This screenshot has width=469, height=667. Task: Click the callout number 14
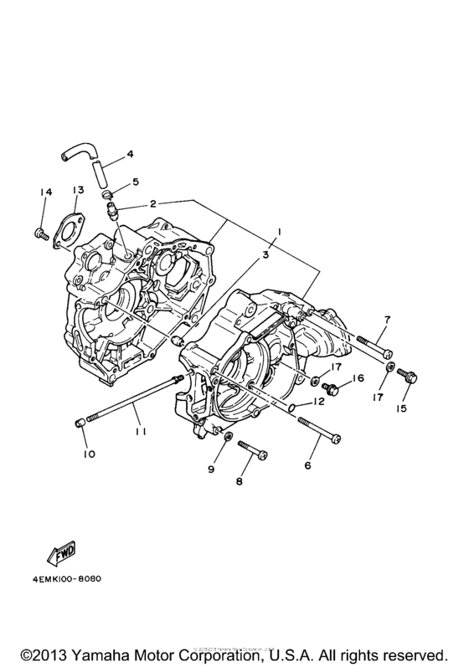(x=45, y=192)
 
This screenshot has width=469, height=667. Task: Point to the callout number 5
(x=136, y=182)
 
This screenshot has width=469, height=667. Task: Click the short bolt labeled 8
(x=253, y=451)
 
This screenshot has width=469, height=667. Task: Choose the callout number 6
(x=308, y=466)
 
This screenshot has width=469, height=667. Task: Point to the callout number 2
(x=152, y=203)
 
